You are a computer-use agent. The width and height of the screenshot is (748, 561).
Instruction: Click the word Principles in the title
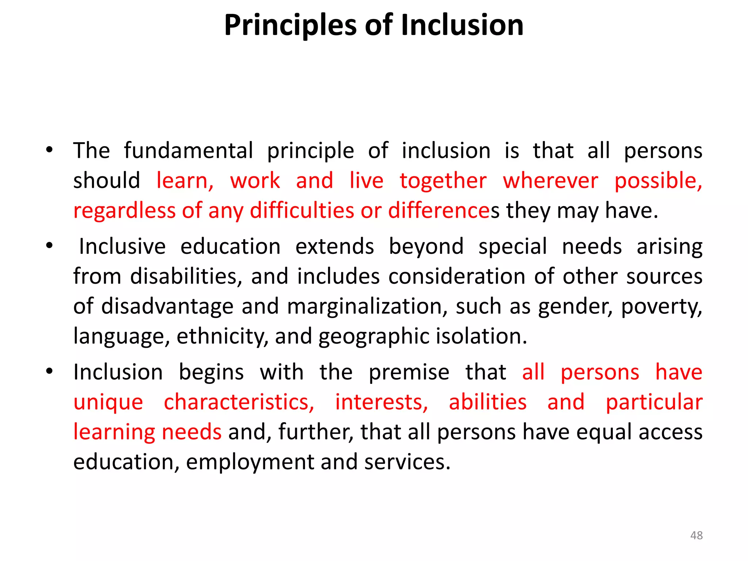pos(290,26)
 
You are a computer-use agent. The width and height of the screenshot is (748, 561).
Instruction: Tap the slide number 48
pos(696,535)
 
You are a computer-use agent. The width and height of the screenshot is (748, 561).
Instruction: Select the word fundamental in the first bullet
pos(188,150)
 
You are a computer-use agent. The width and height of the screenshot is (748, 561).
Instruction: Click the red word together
pos(443,181)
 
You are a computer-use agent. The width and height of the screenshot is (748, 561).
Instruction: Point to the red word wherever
pos(550,181)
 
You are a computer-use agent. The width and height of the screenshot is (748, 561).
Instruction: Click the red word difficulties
pos(302,211)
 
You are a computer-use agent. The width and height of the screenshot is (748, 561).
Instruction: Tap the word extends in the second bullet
pos(335,246)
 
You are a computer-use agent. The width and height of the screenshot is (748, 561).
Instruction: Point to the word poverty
pos(661,307)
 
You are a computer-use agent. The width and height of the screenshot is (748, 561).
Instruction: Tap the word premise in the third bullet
pos(409,373)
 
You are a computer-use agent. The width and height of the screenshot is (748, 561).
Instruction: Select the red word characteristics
pos(239,402)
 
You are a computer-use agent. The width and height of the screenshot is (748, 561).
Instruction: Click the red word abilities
pos(488,402)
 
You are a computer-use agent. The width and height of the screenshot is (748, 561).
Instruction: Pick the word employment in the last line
pos(250,462)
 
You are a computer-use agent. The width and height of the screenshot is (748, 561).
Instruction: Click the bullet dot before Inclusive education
pos(49,246)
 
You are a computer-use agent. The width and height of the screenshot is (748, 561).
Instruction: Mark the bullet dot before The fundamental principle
pos(49,150)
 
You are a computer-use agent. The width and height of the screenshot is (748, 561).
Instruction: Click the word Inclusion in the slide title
pos(462,26)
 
